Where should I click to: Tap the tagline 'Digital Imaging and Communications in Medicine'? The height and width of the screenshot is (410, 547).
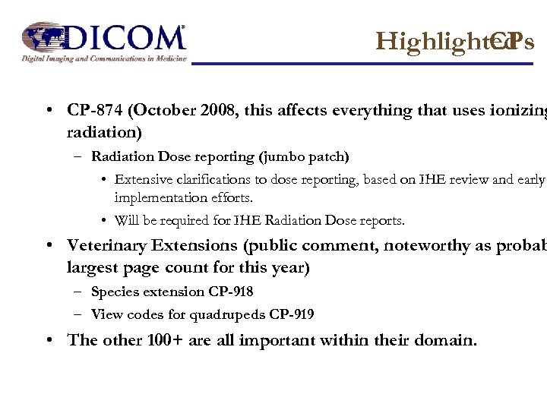[103, 58]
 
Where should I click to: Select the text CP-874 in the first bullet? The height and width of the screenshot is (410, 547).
[96, 110]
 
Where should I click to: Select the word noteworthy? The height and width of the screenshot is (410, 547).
[418, 245]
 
